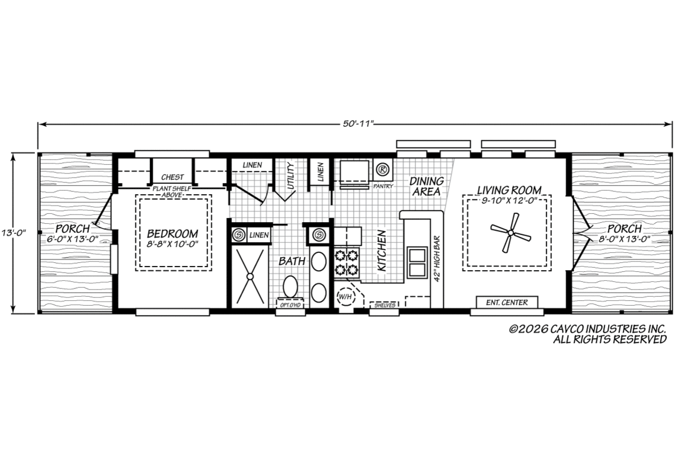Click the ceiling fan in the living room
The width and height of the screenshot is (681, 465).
pos(510,233)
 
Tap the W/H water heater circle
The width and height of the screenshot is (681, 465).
pos(345,297)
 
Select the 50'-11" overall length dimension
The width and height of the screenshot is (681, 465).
pos(355,124)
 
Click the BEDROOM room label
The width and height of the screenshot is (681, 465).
pos(172,233)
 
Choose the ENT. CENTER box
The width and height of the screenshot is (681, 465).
pos(507,302)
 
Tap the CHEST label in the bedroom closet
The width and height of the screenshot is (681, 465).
pos(172,177)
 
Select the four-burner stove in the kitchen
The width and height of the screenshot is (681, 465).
pos(347,262)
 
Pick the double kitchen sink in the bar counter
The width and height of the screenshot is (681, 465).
pos(416,262)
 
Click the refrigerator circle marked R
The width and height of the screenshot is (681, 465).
pos(381,169)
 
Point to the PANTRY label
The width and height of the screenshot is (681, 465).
pos(383,186)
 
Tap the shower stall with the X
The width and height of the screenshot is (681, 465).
pos(250,276)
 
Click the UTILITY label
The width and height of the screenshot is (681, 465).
pos(290,175)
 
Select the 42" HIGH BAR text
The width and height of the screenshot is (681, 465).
pos(437,259)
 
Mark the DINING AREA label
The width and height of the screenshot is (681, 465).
pos(427,186)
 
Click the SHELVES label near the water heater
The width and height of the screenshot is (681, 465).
pos(385,305)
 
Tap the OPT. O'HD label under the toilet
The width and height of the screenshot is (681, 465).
pos(290,305)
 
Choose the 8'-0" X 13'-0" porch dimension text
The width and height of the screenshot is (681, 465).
pos(624,238)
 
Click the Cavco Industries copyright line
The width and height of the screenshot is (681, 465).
pos(587,329)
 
